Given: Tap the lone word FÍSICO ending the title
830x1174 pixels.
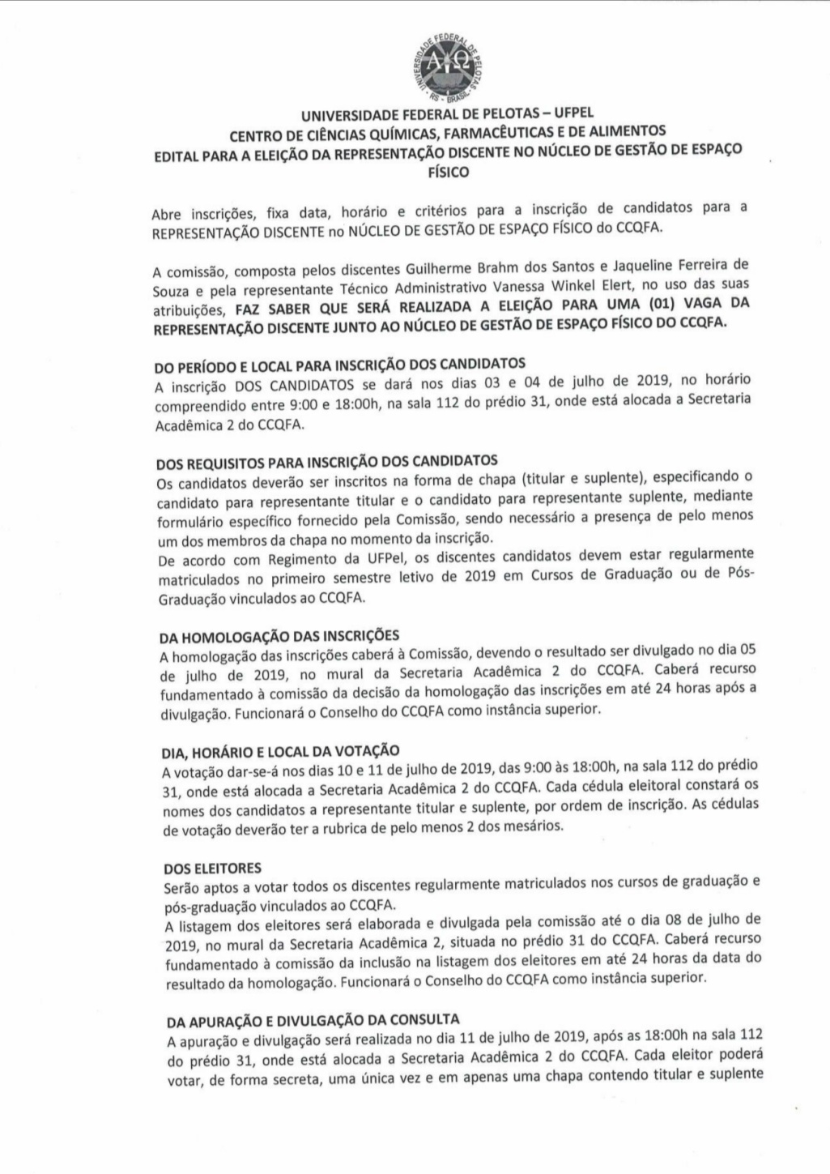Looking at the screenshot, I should tap(448, 173).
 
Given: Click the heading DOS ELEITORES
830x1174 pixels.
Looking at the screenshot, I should tap(201, 868).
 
